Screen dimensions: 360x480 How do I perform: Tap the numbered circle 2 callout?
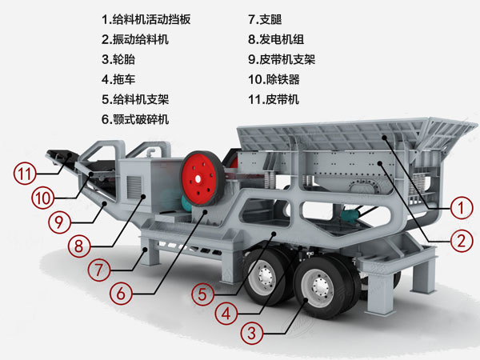[459, 238]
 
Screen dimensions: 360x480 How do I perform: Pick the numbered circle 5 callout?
[202, 292]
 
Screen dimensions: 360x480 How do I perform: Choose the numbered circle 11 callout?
[26, 171]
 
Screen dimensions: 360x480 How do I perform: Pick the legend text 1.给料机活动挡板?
[146, 18]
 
